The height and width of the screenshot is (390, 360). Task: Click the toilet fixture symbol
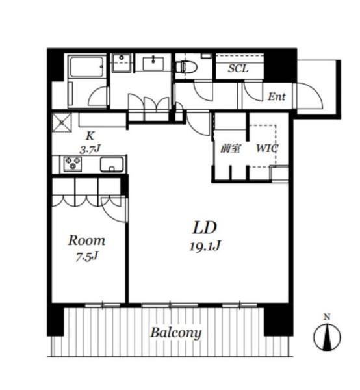(x=186, y=67)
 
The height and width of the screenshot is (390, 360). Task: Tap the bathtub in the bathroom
(x=86, y=67)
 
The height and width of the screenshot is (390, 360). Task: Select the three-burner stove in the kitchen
(x=73, y=164)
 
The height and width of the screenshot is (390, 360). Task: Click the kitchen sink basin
(x=112, y=164)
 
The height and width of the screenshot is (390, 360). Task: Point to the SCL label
(x=238, y=68)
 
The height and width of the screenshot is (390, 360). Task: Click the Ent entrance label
(x=276, y=96)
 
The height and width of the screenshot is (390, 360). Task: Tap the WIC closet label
(x=267, y=148)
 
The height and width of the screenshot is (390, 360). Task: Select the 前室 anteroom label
(x=231, y=149)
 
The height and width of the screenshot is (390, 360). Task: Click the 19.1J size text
(x=205, y=246)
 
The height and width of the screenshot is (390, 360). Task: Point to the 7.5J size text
(x=87, y=257)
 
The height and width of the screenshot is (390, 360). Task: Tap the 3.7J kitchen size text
(x=90, y=149)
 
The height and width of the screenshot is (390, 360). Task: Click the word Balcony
(x=175, y=333)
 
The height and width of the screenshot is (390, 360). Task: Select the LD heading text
(x=205, y=227)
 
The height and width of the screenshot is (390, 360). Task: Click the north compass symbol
(x=327, y=337)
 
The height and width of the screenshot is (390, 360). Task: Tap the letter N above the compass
(x=327, y=317)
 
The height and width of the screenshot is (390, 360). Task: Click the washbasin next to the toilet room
(x=153, y=64)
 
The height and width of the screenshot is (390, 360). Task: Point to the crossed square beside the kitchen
(x=62, y=123)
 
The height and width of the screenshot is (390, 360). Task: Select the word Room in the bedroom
(x=87, y=240)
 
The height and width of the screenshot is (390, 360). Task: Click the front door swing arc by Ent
(x=310, y=96)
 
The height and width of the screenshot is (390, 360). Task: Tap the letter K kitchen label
(x=90, y=136)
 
